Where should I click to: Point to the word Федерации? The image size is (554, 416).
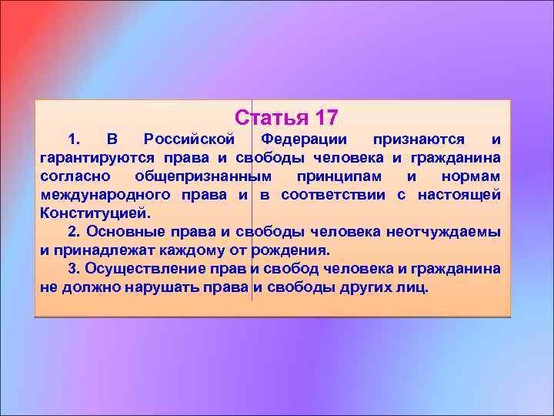pos(303,139)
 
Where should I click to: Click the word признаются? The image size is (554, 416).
pos(419,139)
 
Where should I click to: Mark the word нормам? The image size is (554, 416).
pos(472,176)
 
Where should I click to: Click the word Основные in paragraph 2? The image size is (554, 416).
pos(120,232)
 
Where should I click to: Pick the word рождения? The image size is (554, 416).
pos(290,250)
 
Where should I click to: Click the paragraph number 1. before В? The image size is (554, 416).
pos(75,139)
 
